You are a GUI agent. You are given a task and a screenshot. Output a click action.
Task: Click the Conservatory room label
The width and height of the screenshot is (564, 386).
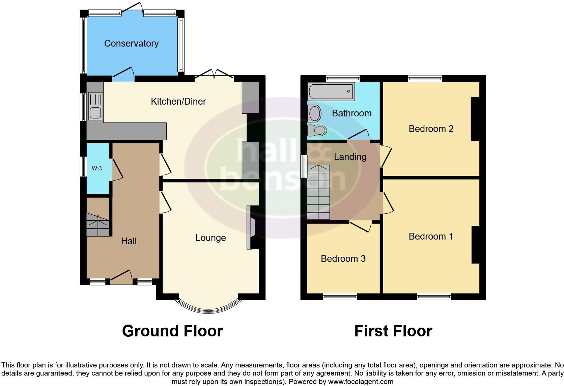[x=131, y=44]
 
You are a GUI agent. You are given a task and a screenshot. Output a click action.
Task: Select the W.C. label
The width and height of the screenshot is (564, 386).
[x=97, y=168]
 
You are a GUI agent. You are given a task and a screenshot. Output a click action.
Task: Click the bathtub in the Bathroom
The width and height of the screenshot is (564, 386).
[x=331, y=91]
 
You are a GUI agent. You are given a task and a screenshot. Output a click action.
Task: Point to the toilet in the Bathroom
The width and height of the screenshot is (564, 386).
[x=317, y=130]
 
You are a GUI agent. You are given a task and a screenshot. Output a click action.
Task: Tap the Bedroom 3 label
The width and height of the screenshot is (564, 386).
[x=343, y=259]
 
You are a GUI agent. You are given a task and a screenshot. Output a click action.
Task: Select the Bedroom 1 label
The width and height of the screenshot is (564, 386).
[x=431, y=237]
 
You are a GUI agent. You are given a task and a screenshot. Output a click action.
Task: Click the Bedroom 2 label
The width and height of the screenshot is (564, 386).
[x=431, y=129]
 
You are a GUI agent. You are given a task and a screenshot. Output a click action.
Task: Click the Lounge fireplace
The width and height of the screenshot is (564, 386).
[x=251, y=228]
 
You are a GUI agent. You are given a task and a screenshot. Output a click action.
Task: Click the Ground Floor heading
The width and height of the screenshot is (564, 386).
[x=172, y=331]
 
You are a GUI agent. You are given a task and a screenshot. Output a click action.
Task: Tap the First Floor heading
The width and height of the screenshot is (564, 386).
[x=393, y=331]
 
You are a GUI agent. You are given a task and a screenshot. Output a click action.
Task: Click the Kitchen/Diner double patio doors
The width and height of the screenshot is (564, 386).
[x=214, y=75]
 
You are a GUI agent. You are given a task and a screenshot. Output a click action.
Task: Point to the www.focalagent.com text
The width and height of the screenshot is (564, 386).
[x=360, y=382]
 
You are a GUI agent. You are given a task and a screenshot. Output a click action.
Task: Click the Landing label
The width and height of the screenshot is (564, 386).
[x=350, y=157]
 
